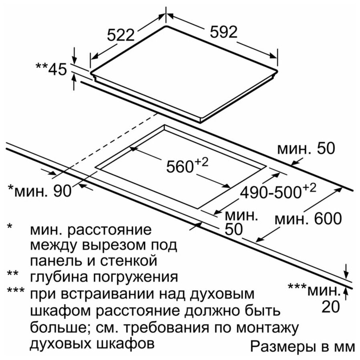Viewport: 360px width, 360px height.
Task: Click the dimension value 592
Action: click(x=223, y=32)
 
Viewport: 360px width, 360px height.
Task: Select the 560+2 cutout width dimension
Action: click(x=187, y=165)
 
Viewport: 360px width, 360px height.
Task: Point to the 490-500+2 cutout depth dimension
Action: click(x=278, y=191)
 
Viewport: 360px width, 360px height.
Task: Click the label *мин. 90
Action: click(x=40, y=190)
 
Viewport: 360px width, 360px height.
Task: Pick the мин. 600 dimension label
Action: click(x=308, y=218)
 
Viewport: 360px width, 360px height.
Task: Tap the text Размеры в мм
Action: click(x=303, y=347)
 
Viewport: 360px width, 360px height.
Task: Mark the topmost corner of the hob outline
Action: click(x=165, y=26)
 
